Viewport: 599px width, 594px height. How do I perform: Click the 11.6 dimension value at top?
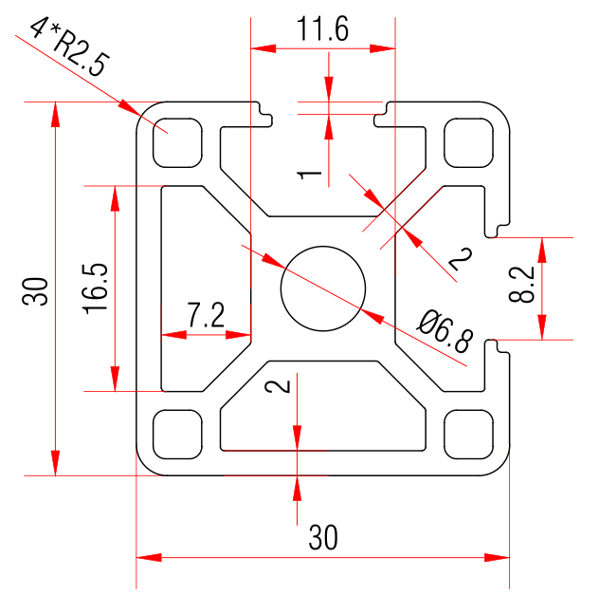[322, 30]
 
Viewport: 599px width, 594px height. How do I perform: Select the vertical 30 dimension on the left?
[36, 290]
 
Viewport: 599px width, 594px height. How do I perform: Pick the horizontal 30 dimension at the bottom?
[323, 539]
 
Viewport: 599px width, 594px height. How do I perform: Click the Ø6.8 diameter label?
[439, 330]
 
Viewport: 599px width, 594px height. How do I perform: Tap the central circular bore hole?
[323, 288]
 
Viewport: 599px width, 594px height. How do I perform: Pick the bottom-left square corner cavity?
[179, 432]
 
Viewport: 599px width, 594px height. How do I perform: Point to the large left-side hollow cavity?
[199, 285]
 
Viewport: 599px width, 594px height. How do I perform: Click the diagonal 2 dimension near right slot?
[459, 259]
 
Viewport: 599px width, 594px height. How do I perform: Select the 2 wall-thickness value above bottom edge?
[277, 386]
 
